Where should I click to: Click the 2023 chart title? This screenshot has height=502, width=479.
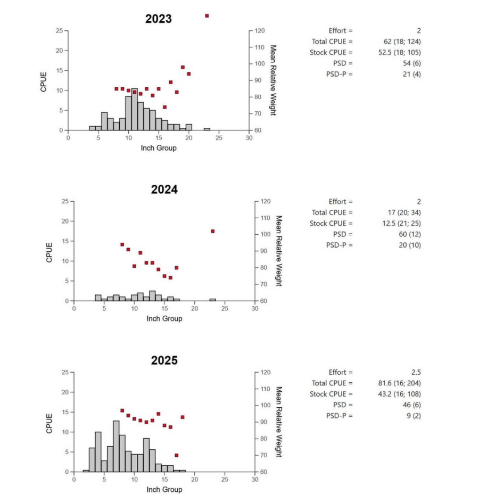[159, 19]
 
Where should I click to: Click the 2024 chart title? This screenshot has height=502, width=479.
[164, 190]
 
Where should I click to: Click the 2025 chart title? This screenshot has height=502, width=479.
[164, 360]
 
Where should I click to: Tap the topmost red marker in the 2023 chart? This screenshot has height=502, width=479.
[207, 16]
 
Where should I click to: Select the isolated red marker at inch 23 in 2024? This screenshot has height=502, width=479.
[212, 231]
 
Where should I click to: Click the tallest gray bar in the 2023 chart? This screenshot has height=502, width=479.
[134, 109]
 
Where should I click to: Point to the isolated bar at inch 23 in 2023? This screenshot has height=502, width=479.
[207, 129]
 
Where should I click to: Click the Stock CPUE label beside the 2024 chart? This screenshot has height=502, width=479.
[331, 223]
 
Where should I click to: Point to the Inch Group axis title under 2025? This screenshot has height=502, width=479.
[164, 489]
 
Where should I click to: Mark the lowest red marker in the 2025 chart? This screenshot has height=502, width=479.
[176, 455]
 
